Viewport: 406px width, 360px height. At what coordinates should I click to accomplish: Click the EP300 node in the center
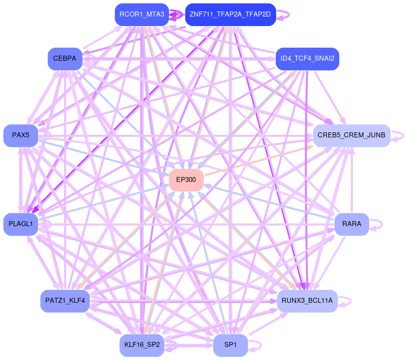click(x=186, y=179)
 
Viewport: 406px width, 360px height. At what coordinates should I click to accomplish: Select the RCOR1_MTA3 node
click(x=142, y=15)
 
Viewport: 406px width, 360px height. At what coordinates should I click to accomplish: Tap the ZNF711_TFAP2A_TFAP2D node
click(x=230, y=15)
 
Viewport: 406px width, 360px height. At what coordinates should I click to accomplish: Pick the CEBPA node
click(x=65, y=59)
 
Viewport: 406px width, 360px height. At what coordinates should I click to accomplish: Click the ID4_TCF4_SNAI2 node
click(x=307, y=59)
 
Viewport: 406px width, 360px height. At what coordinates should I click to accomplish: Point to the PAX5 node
click(x=21, y=135)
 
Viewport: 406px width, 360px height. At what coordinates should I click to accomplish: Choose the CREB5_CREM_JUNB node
click(x=351, y=135)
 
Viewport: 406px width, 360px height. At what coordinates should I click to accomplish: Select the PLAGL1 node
click(x=21, y=224)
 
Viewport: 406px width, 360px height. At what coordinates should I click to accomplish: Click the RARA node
click(x=351, y=224)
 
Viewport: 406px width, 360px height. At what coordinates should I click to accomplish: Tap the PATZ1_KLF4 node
click(x=65, y=301)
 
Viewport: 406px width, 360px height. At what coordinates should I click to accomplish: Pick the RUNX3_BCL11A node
click(x=307, y=301)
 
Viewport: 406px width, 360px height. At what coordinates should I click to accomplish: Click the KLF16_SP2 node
click(x=142, y=345)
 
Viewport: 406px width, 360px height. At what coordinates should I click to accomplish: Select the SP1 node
click(x=230, y=345)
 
